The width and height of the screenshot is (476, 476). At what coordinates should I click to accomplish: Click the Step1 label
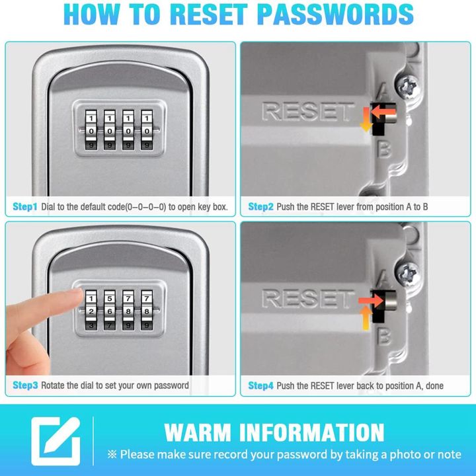25,207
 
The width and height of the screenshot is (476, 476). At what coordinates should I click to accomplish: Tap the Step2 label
260,207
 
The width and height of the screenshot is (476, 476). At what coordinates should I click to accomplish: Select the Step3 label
25,385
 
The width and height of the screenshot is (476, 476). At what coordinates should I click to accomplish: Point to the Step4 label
260,385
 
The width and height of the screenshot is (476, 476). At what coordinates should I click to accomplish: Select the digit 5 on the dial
110,298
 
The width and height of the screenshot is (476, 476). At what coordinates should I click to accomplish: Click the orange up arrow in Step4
364,320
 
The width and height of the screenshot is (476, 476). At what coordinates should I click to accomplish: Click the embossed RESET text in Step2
308,112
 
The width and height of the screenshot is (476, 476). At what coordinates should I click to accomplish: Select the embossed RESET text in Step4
308,298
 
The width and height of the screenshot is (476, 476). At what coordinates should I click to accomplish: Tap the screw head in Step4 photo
409,272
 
